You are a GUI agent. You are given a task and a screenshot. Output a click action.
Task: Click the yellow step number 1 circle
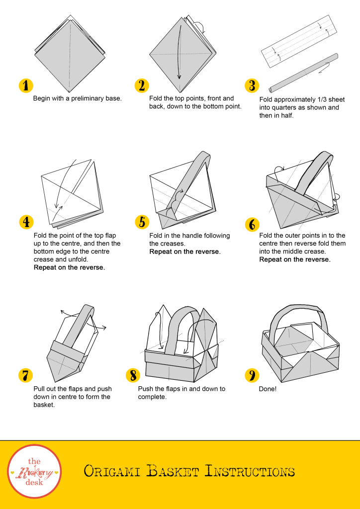click(25, 85)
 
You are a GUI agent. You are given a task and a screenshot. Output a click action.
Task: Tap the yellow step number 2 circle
click(141, 85)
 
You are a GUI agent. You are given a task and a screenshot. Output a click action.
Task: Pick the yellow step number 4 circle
click(25, 222)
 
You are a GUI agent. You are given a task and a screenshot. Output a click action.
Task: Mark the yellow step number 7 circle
click(25, 375)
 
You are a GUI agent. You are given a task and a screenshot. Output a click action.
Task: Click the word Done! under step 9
click(268, 389)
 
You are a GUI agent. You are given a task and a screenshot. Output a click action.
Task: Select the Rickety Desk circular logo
click(34, 471)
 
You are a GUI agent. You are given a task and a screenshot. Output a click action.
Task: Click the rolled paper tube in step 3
click(303, 72)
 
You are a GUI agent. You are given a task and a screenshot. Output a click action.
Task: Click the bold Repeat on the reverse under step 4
click(69, 267)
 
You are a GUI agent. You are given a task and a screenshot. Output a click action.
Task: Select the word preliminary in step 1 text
click(86, 98)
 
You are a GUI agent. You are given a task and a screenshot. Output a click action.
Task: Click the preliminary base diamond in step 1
click(70, 55)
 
